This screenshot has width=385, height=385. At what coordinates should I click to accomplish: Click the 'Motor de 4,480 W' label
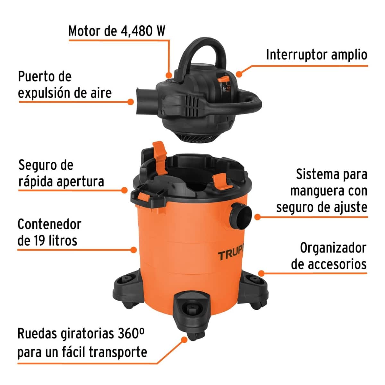tap(117, 31)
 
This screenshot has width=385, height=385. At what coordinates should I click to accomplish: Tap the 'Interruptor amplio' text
tap(316, 55)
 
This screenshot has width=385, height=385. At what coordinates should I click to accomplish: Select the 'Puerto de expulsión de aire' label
tap(64, 85)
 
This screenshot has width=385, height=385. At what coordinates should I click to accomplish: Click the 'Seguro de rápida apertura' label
tap(61, 174)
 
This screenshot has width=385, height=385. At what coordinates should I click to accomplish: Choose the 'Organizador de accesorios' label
tap(329, 256)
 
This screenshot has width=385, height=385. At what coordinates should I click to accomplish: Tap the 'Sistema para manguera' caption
tap(321, 191)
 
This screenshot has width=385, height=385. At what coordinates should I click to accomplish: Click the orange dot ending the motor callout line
tap(169, 75)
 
